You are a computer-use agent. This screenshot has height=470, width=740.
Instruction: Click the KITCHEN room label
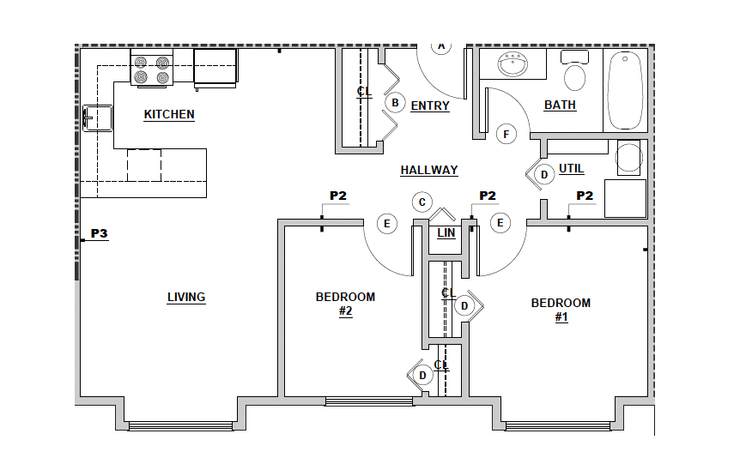pos(169,115)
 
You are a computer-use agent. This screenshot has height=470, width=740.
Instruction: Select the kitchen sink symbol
pos(98,117)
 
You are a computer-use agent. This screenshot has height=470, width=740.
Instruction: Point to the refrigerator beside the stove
pos(215,69)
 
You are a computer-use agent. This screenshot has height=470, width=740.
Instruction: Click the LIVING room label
pos(186,297)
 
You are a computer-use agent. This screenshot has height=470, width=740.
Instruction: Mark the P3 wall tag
pos(99,233)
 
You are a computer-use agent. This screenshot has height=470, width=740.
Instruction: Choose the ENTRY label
pos(430,106)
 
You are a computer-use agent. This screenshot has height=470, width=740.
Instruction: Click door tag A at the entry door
pos(441,46)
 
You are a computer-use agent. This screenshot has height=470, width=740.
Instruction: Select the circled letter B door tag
pos(395,103)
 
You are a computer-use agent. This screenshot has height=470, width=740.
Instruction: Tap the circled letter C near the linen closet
pos(422,202)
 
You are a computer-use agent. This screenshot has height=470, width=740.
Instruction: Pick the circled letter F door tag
pos(506,135)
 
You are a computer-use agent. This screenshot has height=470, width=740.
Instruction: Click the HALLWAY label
pos(429,170)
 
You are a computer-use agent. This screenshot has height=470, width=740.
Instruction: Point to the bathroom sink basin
pos(513,64)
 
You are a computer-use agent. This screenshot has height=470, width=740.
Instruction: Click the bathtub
pos(625,90)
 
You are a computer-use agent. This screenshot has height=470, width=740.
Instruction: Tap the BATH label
pos(560,105)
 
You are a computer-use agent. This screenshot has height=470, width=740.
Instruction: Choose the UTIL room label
pos(571,168)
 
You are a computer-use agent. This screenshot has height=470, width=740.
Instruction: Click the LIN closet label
pos(446,233)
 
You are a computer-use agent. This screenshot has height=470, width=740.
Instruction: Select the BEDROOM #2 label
pos(345,304)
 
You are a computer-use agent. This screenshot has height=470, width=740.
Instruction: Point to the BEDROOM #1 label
pos(561,310)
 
